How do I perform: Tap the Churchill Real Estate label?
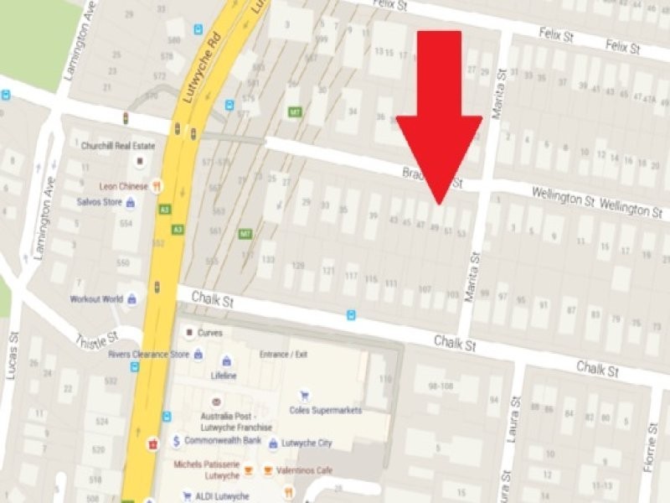(115, 145)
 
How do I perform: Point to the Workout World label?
(97, 299)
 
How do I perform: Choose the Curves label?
(210, 333)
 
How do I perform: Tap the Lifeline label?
(224, 376)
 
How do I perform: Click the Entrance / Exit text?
(285, 355)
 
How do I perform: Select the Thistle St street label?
(93, 334)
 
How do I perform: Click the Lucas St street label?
(13, 356)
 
